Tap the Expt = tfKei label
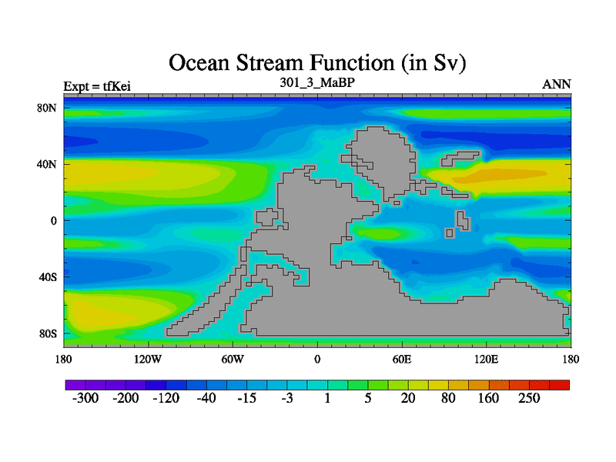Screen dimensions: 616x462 click(97, 86)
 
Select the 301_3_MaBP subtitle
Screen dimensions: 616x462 click(317, 83)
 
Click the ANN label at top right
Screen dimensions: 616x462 click(556, 85)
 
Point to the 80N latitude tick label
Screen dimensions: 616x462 click(47, 108)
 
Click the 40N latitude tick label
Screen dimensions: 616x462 click(47, 164)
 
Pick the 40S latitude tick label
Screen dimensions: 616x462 click(48, 277)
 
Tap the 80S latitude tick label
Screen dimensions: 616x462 click(48, 334)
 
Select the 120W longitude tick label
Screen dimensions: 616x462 click(148, 360)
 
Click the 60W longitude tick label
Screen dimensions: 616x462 click(233, 360)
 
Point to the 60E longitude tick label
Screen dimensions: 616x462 click(402, 360)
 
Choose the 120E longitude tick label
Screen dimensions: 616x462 click(487, 360)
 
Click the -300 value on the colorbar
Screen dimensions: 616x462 click(85, 398)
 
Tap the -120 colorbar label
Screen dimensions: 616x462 click(166, 398)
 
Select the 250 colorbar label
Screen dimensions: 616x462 click(529, 398)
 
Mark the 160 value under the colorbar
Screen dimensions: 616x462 click(488, 398)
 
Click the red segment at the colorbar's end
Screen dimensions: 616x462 click(560, 385)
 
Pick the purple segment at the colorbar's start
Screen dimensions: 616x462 click(75, 385)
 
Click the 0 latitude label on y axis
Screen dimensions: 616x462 click(53, 221)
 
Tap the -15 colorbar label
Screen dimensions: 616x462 click(246, 398)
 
